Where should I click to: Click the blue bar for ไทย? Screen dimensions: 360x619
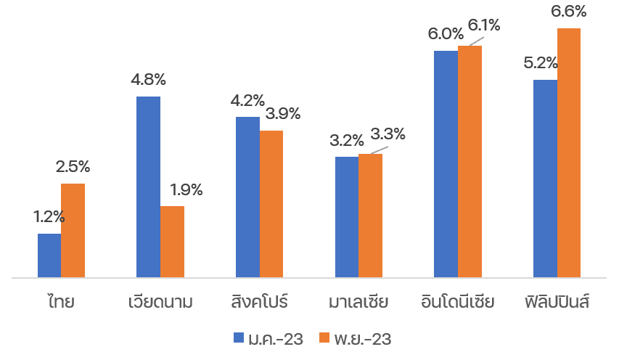point(49,255)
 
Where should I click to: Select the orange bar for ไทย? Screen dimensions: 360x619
point(73,230)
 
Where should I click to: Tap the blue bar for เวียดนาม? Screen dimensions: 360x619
point(148,187)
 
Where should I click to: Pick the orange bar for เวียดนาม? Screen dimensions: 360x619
point(172,242)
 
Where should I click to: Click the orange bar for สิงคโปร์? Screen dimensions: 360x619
point(271,204)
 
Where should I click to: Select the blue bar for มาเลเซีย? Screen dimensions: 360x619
point(347,217)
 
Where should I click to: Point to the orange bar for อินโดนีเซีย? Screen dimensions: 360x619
point(470,161)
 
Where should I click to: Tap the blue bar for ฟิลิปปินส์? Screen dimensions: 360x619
point(545,179)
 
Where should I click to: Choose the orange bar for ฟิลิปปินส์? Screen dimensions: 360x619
point(569,152)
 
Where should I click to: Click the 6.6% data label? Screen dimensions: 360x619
point(570,12)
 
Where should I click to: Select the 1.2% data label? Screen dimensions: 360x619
point(49,216)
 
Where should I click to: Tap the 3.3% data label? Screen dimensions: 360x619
point(388,134)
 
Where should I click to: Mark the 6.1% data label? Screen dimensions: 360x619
point(484,25)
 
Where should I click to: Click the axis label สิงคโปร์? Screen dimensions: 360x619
point(259,300)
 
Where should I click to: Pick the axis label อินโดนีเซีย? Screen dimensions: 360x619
point(457,300)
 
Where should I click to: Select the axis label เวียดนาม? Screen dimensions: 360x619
point(160,300)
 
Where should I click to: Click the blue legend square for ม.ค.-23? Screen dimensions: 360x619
point(239,337)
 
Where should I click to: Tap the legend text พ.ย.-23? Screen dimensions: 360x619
point(363,338)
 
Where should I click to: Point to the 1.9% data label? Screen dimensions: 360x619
point(186,190)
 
